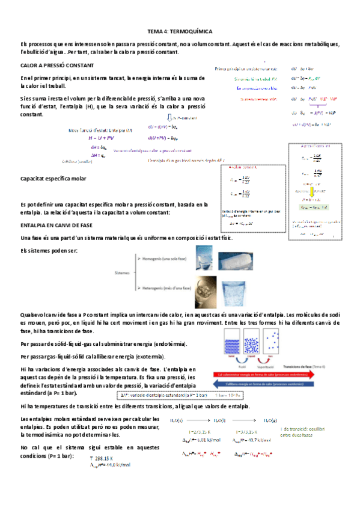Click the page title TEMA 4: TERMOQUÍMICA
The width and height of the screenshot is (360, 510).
pyautogui.click(x=180, y=30)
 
